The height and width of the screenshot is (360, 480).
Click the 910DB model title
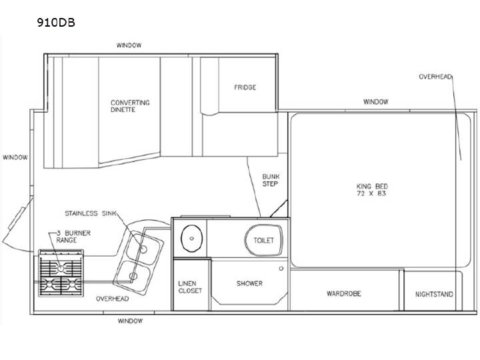pos(56,23)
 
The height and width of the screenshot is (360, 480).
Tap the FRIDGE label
pos(245,87)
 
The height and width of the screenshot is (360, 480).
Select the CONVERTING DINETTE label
pos(130,106)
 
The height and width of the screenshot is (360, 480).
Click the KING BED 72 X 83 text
pos(372,190)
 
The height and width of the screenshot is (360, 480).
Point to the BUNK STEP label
pos(271,180)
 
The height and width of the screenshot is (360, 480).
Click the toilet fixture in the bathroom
pos(263,240)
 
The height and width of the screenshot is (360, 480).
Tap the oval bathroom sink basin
pos(191,239)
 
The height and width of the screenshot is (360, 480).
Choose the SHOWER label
pos(249,283)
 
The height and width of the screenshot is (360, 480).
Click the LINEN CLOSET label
pos(190,287)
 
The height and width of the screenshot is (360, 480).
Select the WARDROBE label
pos(344,294)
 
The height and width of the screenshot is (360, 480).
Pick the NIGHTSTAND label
pos(434,295)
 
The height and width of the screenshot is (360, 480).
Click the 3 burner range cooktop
pos(61,273)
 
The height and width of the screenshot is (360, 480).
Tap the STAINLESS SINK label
pos(91,213)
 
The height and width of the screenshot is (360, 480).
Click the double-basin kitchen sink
pos(138,263)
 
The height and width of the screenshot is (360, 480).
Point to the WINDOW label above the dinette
pos(129,45)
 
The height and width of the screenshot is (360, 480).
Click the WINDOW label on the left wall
pos(15,157)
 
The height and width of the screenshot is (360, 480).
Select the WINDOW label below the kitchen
pos(130,321)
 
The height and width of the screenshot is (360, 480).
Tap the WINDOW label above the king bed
pos(376,101)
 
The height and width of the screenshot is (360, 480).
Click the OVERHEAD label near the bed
pos(435,77)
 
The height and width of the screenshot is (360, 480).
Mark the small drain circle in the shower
pos(281,269)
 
